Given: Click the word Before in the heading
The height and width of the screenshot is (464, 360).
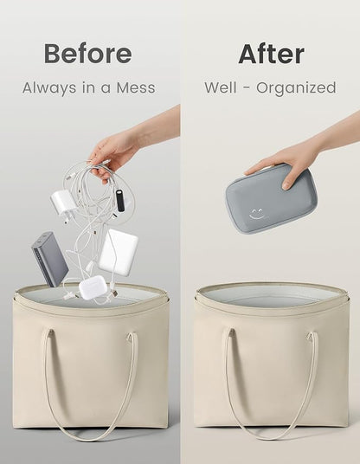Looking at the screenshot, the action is click(x=88, y=54).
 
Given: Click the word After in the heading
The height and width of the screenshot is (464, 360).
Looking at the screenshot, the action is click(x=271, y=54).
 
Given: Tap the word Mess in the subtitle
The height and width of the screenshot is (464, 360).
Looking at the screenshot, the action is click(x=136, y=87).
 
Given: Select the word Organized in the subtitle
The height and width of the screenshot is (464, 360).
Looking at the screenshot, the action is click(x=296, y=88).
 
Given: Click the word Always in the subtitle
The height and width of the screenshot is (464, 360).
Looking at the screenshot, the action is click(x=49, y=88).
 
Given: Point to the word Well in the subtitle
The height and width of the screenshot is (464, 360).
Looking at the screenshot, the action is click(x=221, y=87).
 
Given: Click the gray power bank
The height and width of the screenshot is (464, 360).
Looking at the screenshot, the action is click(x=49, y=259).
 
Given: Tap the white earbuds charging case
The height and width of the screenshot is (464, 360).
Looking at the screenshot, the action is click(x=92, y=287).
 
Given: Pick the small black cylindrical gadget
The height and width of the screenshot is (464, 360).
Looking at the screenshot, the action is click(x=119, y=200).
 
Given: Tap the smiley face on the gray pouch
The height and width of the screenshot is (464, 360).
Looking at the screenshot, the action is click(x=256, y=214).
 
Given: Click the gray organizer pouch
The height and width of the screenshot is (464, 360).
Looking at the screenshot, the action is click(x=260, y=198).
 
